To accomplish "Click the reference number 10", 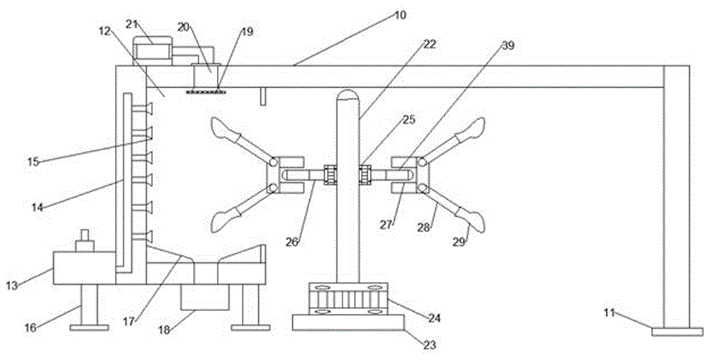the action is [400, 15].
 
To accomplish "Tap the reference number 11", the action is [609, 312].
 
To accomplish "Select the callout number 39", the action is [508, 45].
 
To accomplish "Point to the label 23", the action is [430, 345].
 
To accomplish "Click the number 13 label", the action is [12, 286].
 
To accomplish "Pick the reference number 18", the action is [164, 330].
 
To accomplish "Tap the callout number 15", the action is [33, 162].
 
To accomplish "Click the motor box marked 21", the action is [152, 50].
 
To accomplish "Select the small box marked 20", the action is [206, 75].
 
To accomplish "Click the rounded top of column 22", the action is [347, 94].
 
